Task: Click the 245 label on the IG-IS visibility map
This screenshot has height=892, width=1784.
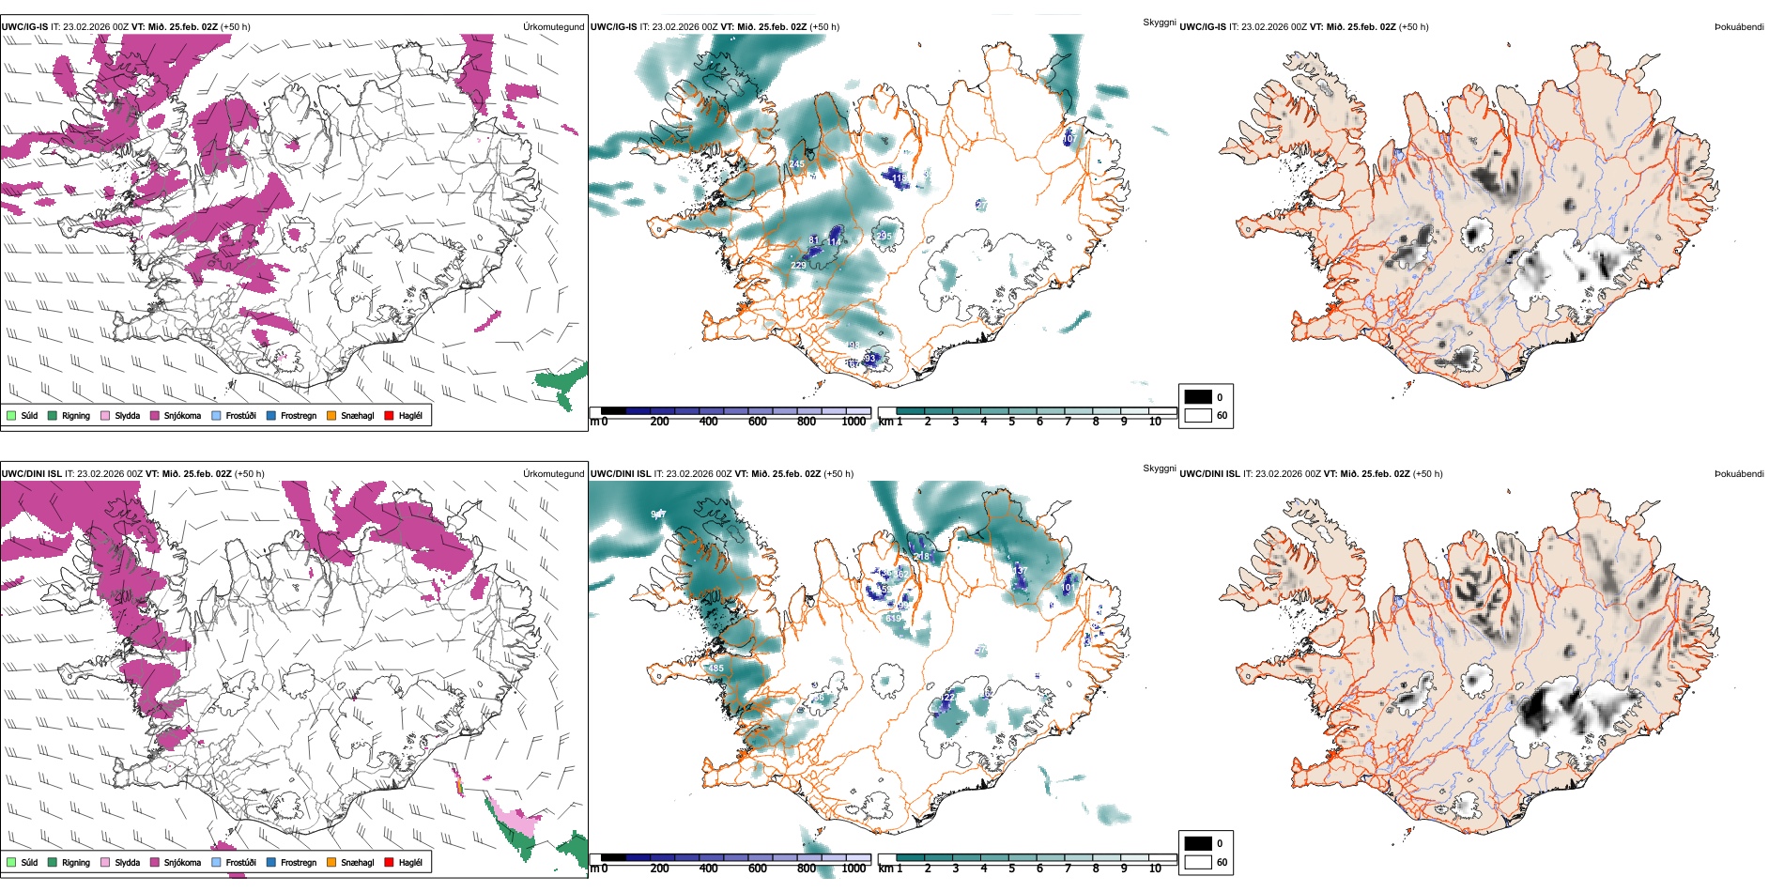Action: click(796, 164)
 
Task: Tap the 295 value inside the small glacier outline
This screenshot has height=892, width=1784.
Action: click(883, 236)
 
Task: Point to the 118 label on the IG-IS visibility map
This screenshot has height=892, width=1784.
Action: click(899, 177)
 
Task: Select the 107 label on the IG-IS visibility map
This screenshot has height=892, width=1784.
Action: click(1069, 139)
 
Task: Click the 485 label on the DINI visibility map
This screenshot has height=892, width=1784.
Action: click(715, 669)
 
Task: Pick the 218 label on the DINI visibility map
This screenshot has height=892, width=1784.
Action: click(921, 557)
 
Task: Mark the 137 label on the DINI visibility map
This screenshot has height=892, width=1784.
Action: click(1020, 571)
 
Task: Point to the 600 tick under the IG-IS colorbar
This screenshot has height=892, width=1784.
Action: click(757, 422)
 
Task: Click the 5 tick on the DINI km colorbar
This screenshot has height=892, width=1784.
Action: click(1011, 869)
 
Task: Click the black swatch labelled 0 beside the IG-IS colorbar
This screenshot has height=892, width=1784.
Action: click(1198, 397)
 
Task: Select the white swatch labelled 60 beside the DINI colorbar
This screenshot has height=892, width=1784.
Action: click(1198, 862)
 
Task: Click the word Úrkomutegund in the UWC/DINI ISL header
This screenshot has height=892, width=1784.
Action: click(553, 473)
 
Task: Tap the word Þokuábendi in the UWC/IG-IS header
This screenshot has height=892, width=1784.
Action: click(1739, 26)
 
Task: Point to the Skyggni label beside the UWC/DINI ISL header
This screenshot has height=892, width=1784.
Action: click(1159, 468)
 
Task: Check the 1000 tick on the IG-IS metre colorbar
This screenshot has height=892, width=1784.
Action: click(854, 422)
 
